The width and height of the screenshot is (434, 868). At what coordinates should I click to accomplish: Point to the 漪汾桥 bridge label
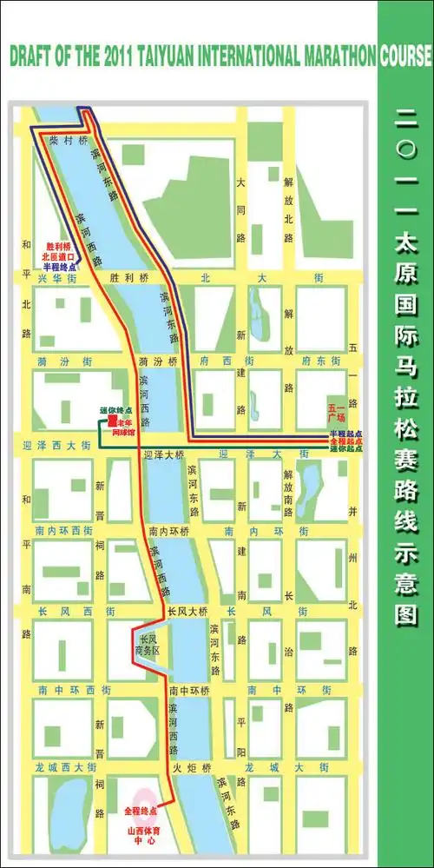tap(157, 360)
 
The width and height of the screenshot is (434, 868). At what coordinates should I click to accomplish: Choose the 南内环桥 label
tap(164, 530)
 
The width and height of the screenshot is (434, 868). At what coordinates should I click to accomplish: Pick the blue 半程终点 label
tap(59, 267)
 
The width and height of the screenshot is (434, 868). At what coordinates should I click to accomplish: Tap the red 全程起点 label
tap(345, 441)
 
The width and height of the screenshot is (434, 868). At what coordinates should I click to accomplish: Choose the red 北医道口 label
tap(59, 256)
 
